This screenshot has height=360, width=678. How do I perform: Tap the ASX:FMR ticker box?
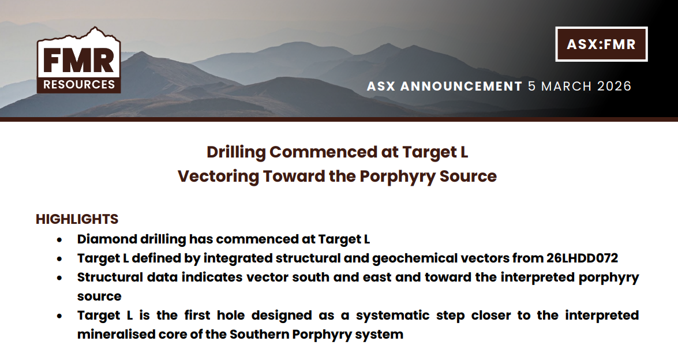coord(601,44)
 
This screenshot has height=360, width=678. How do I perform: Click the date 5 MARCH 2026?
coord(579,87)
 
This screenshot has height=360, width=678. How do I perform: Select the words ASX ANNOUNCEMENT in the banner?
coord(444,87)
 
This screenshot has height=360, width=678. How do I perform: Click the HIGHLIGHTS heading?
coord(77,219)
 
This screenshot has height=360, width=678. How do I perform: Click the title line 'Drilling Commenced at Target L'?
coord(337,152)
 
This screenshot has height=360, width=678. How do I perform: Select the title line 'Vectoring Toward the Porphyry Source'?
coord(337,176)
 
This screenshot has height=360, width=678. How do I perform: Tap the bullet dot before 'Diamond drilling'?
coord(59,239)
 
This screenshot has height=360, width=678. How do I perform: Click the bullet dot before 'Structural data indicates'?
coord(59,277)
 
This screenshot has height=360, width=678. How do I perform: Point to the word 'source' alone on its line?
coord(99,297)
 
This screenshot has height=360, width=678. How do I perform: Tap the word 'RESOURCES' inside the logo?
coord(78,85)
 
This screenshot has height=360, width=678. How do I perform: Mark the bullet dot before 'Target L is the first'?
coord(59,316)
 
